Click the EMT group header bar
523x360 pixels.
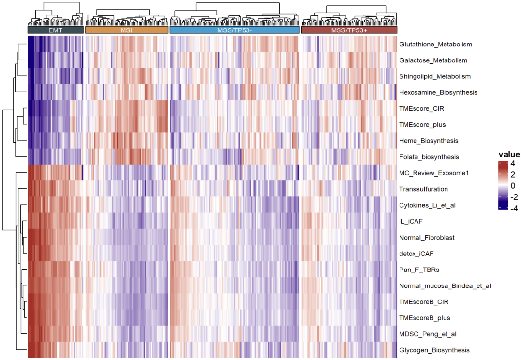55,30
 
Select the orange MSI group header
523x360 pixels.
126,30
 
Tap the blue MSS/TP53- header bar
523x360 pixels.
234,30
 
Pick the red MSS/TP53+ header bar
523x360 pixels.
349,30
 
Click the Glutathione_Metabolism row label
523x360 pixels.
435,45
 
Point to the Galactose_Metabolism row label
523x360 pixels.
433,60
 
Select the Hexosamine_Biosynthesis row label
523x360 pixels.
438,92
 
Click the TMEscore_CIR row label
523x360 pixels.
422,108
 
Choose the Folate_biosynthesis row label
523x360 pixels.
429,157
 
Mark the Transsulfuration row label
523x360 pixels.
423,189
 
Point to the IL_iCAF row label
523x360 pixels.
412,221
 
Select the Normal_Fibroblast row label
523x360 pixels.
427,238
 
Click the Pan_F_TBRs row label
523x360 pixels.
419,270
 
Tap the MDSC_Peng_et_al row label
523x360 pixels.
428,334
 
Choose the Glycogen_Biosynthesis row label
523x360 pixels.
434,350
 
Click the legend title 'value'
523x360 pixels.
509,155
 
